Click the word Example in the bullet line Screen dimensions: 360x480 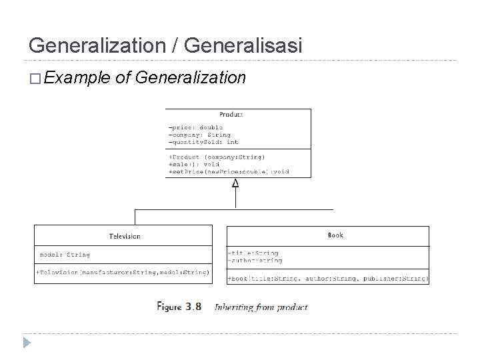tap(79, 79)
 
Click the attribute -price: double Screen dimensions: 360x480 tap(196, 127)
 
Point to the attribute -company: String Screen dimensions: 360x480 tap(200, 135)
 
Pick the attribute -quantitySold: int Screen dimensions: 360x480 tap(203, 142)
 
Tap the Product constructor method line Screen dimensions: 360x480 tap(217, 157)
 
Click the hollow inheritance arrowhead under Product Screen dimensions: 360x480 tap(235, 183)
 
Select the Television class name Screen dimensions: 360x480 tap(124, 236)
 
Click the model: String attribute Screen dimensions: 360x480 tap(65, 254)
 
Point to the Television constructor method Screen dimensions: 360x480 tap(123, 271)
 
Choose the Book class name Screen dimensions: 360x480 tap(336, 235)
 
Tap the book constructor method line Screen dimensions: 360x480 tap(328, 278)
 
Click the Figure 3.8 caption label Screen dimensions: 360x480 tap(179, 307)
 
